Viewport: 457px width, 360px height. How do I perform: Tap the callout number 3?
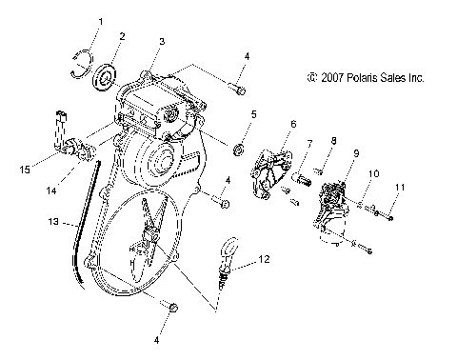pos(162,41)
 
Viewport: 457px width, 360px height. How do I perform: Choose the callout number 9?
pos(356,153)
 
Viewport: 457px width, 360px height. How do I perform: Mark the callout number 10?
pos(374,173)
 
